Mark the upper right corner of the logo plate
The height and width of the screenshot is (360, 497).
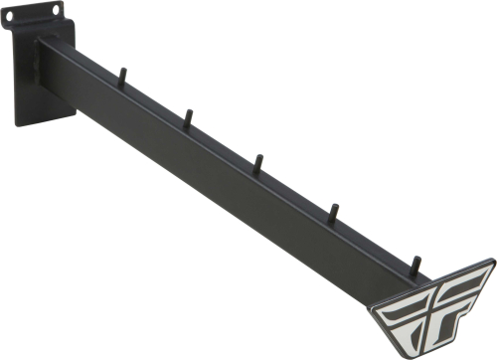pyautogui.click(x=492, y=264)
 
